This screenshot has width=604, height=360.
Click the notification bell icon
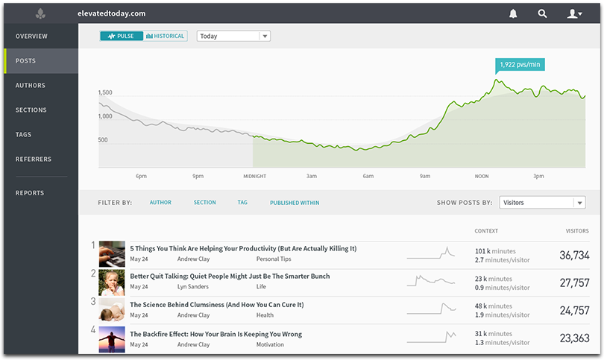click(x=513, y=13)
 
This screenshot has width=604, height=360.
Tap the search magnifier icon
click(x=542, y=13)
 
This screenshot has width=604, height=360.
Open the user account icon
click(x=573, y=13)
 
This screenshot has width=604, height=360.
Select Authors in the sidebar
click(x=31, y=86)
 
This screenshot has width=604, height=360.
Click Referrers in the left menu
click(x=34, y=159)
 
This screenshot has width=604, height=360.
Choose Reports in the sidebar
click(x=30, y=193)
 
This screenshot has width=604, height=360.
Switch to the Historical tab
click(x=165, y=36)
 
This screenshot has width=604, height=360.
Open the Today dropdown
click(x=233, y=36)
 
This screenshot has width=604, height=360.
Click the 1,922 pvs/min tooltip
click(x=519, y=64)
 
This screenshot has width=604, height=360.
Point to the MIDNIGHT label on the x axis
click(x=254, y=177)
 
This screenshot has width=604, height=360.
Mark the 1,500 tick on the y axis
click(x=104, y=92)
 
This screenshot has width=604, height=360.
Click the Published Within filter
click(x=295, y=203)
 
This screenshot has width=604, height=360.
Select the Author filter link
click(x=160, y=203)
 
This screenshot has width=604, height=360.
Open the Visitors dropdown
click(x=542, y=202)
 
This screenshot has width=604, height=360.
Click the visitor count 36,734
click(x=574, y=255)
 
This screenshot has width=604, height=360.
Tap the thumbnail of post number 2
click(x=112, y=282)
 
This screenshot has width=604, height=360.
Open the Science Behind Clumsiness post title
click(x=216, y=304)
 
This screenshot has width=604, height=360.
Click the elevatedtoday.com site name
click(x=111, y=13)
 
